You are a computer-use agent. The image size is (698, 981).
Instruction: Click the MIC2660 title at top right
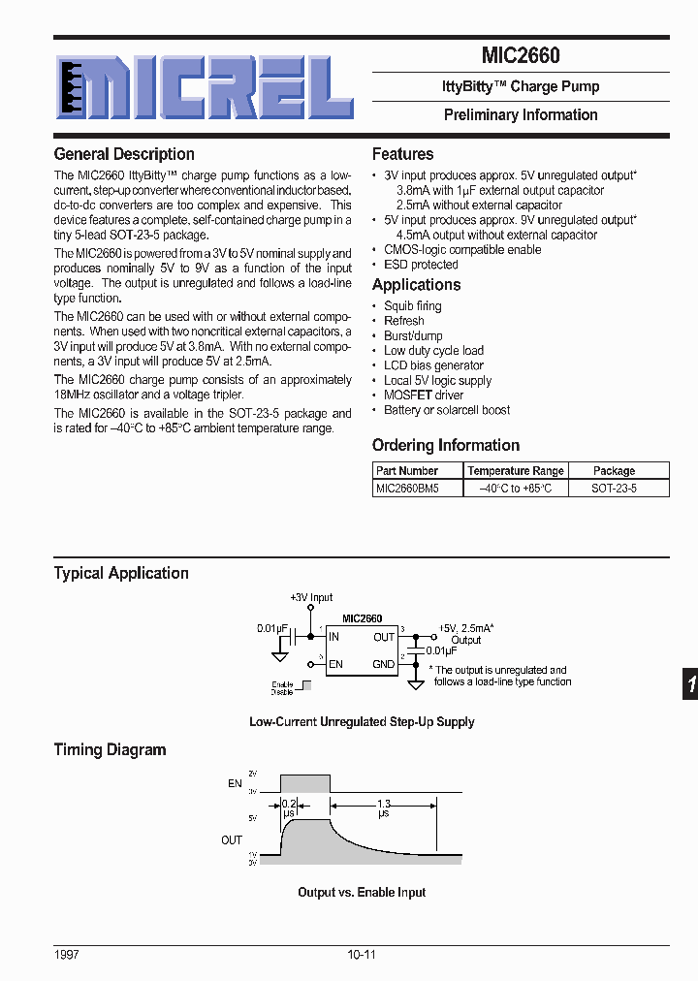[x=521, y=56]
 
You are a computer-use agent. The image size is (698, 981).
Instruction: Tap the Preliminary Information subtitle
[x=521, y=114]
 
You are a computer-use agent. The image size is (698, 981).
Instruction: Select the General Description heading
[x=124, y=154]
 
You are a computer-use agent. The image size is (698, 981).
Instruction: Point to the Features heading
[x=402, y=154]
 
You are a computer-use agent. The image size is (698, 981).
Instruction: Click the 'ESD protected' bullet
[x=421, y=265]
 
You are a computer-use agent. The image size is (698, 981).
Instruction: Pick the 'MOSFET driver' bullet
[x=424, y=396]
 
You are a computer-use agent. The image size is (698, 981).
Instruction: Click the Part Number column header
[x=407, y=471]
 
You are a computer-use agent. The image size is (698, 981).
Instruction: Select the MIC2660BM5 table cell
[x=407, y=489]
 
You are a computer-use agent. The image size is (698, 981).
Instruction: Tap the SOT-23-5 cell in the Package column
[x=614, y=489]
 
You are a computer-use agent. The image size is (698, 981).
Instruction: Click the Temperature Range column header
[x=516, y=471]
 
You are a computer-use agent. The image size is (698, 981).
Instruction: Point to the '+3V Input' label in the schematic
[x=311, y=598]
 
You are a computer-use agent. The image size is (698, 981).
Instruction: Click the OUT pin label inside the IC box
[x=384, y=637]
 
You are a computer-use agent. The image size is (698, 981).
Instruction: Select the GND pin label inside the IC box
[x=384, y=664]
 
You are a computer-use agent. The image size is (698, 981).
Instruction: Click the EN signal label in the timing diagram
[x=234, y=783]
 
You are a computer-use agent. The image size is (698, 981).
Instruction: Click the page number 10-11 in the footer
[x=361, y=955]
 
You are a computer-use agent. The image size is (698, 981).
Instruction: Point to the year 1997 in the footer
[x=67, y=955]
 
